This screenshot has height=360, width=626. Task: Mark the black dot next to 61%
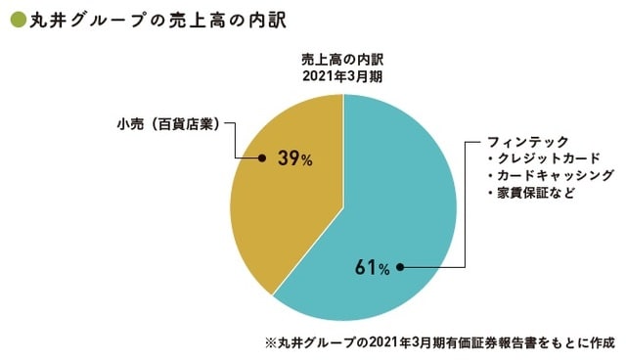[x=401, y=265]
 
